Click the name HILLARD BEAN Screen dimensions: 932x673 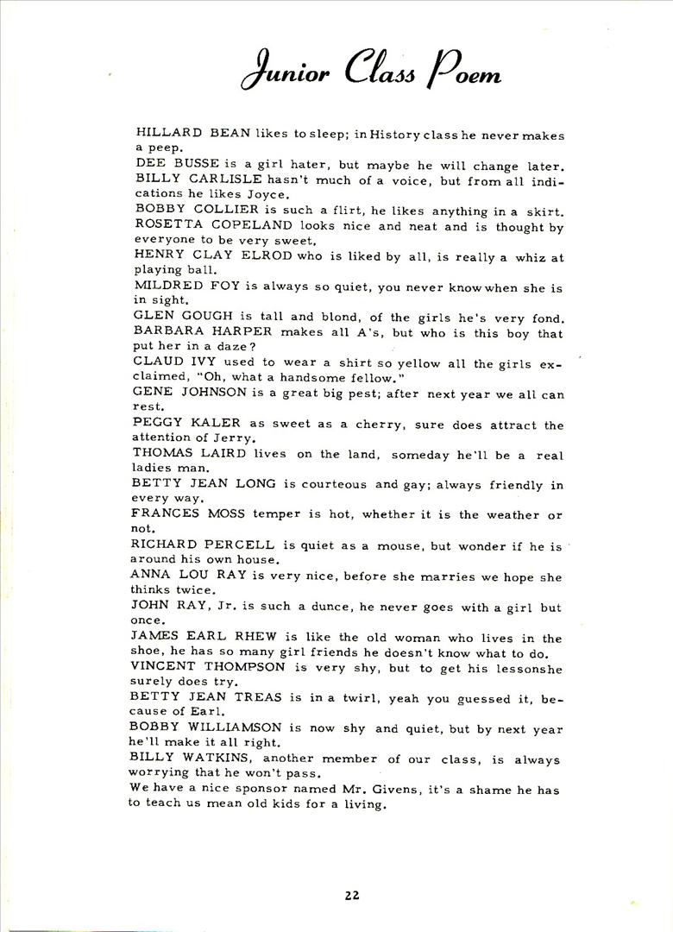[x=193, y=133]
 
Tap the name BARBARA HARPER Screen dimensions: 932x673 [x=203, y=331]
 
